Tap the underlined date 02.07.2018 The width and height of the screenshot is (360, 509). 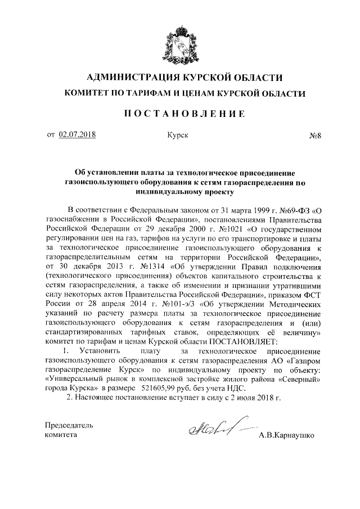tap(78, 135)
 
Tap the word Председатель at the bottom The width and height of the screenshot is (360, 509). tap(70, 425)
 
